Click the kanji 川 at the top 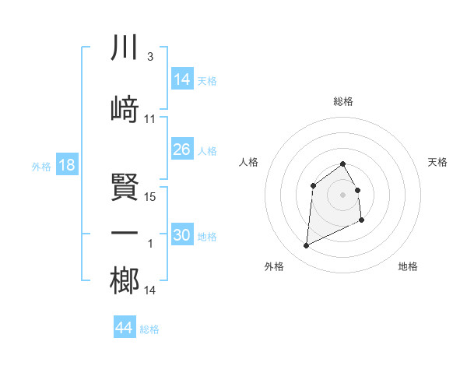125,48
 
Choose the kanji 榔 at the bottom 125,281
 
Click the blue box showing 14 182,79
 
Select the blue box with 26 182,150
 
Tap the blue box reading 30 182,235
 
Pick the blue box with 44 125,328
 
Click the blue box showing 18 66,165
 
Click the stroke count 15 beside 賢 151,197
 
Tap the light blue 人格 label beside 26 207,151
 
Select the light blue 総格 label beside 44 149,329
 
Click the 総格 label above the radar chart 342,101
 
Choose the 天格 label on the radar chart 437,162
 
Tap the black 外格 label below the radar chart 274,266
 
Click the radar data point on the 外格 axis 306,246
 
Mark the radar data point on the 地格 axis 363,220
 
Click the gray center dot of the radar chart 342,194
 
